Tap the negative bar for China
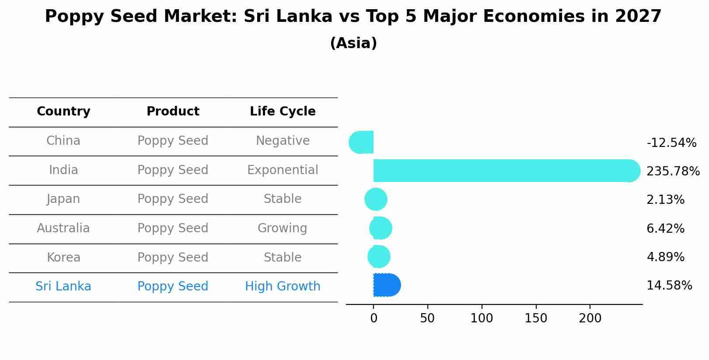(362, 142)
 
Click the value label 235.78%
(673, 171)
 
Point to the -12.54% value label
(671, 143)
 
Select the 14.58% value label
(669, 286)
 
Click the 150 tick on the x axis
(536, 318)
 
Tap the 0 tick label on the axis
(374, 318)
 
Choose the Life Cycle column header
(283, 112)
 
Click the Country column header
(63, 112)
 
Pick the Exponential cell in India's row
(283, 170)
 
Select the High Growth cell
(283, 287)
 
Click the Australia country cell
(63, 228)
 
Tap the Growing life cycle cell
(283, 228)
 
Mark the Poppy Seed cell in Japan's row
(173, 199)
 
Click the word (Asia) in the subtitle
(353, 43)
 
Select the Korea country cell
(63, 258)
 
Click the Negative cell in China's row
(283, 141)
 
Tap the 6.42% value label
(665, 229)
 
